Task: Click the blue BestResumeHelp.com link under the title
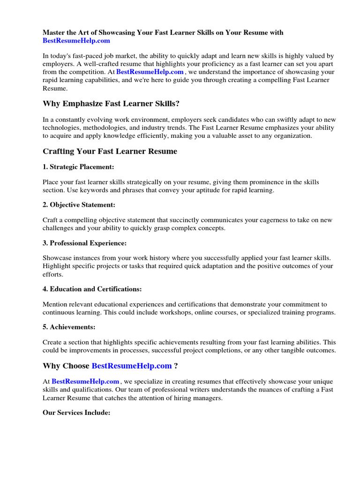point(76,41)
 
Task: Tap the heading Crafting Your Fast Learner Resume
point(110,151)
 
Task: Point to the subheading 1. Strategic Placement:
point(78,167)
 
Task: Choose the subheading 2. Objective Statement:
point(79,205)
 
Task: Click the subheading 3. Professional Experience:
point(84,243)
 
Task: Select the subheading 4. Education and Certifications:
point(92,289)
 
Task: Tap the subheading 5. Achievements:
point(69,327)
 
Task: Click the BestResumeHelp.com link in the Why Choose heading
point(132,366)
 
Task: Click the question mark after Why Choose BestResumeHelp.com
point(176,366)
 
